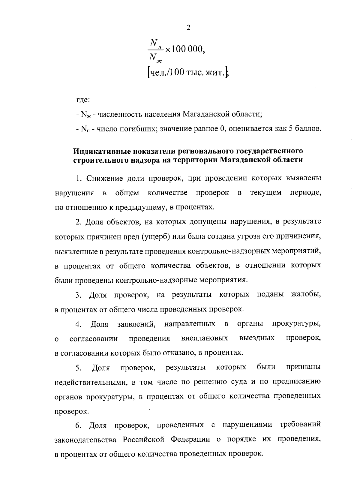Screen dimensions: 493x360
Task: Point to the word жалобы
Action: pyautogui.click(x=306, y=295)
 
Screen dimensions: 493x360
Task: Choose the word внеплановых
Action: pyautogui.click(x=205, y=338)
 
